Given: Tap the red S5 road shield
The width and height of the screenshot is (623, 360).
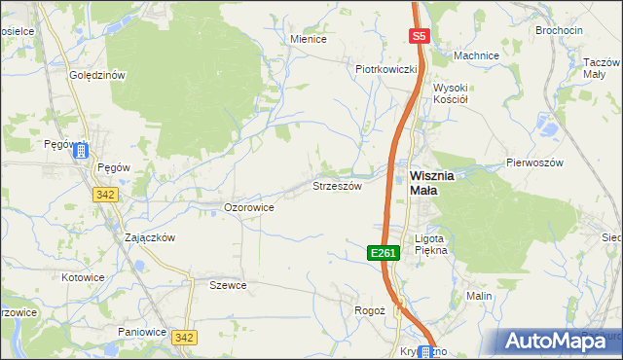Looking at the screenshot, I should (x=419, y=36).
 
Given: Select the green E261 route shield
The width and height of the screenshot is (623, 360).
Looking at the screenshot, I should (x=384, y=253).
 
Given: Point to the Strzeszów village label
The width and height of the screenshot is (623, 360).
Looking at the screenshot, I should (x=337, y=185).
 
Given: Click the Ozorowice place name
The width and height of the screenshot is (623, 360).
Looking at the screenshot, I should (x=248, y=207).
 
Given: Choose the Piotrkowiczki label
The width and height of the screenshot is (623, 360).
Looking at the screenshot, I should (x=386, y=69).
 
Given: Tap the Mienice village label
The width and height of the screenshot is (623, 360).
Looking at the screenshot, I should (x=309, y=39).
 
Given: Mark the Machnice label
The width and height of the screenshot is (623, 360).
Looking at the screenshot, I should (x=476, y=55).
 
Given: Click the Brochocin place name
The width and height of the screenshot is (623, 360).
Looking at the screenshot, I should (x=559, y=30).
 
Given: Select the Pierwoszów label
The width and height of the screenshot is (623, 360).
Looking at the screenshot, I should (x=534, y=162).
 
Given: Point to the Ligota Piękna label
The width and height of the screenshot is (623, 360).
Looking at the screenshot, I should (x=429, y=244).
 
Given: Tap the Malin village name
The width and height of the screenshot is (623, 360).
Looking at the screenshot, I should (x=479, y=295).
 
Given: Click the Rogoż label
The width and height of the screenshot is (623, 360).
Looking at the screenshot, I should (x=370, y=310).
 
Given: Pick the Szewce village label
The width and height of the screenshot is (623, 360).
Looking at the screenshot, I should (x=228, y=285).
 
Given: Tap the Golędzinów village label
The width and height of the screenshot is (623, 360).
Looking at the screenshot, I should (x=97, y=75).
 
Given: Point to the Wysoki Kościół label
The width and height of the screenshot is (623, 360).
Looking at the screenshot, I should (x=452, y=93).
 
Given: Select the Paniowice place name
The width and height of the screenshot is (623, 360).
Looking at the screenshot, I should (x=142, y=332).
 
